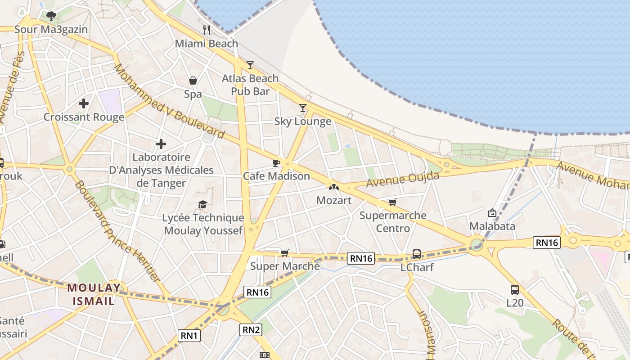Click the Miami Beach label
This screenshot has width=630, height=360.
(x=206, y=44)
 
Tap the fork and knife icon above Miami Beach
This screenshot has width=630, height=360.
(x=207, y=30)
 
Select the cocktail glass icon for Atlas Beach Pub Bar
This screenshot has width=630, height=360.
(x=250, y=65)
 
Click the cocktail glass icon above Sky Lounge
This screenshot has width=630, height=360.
(x=303, y=108)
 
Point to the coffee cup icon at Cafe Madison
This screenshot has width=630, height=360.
(x=276, y=162)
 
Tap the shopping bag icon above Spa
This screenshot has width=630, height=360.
(x=193, y=81)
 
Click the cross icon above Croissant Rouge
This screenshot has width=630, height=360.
(x=84, y=103)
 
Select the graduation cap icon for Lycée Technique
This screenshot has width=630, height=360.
(x=203, y=204)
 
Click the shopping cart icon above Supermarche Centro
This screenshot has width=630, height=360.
(x=393, y=202)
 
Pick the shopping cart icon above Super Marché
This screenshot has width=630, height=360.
(x=284, y=252)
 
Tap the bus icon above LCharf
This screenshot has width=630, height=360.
(x=417, y=254)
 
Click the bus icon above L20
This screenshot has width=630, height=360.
(x=515, y=289)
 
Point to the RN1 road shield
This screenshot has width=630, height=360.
(x=189, y=335)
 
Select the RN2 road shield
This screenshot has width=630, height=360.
(x=251, y=329)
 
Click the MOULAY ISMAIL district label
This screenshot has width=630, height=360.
(x=94, y=294)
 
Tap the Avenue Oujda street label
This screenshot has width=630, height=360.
(x=402, y=179)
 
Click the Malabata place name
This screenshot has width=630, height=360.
(x=492, y=226)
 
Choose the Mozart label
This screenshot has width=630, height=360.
(x=334, y=200)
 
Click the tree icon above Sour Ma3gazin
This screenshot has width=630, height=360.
(x=51, y=16)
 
